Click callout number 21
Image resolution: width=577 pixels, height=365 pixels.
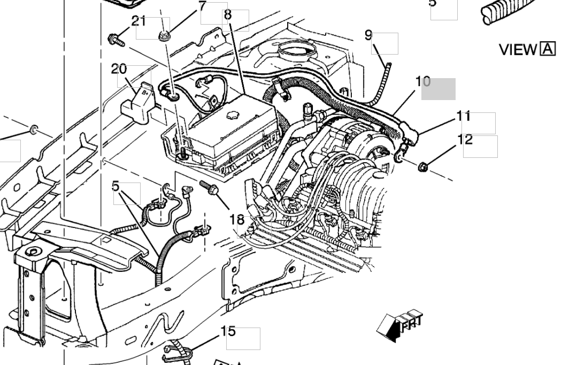pos(139,21)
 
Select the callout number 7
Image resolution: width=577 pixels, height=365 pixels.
pos(202,6)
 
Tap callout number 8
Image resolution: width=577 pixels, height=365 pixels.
pos(228,15)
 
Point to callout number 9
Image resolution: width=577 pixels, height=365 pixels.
pos(368,35)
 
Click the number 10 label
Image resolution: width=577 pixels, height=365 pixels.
pos(422,81)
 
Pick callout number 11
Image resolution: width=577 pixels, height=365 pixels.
pos(463,116)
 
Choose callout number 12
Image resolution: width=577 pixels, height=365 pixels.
pos(465,140)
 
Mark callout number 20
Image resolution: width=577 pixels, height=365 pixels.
pos(119,69)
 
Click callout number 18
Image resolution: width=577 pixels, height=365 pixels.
pos(237,219)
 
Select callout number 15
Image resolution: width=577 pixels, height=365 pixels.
pos(228,331)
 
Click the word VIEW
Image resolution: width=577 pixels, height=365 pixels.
pos(518,50)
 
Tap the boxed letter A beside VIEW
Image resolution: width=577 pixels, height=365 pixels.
pos(548,49)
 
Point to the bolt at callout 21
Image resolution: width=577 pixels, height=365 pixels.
pos(116,39)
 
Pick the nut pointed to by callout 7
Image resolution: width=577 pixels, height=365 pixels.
pos(164,36)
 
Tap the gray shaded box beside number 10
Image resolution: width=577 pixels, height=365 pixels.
pos(438,89)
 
